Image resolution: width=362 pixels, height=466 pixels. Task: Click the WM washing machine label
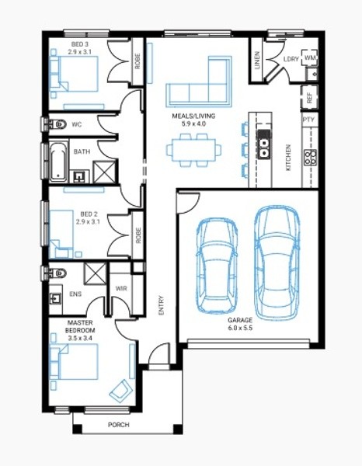310,57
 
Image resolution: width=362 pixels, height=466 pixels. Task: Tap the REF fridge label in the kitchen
309,98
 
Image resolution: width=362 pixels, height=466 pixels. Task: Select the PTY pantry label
308,120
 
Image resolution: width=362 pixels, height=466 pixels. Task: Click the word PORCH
119,425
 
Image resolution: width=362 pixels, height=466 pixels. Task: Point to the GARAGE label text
240,320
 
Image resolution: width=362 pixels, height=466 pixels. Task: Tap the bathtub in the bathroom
58,162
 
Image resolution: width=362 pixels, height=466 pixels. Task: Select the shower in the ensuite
95,273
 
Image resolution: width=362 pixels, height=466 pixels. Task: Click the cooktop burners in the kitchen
310,157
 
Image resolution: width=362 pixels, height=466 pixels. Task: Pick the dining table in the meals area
193,150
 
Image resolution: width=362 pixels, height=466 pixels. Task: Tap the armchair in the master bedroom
120,391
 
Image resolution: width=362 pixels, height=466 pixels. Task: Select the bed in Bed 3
74,74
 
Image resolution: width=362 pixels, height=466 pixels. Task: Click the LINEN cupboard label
257,61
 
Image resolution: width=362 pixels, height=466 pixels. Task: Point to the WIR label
121,288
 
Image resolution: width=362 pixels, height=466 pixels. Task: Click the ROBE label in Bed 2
138,235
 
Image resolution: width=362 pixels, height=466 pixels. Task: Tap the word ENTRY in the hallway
161,305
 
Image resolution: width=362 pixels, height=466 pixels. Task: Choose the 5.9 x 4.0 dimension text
193,123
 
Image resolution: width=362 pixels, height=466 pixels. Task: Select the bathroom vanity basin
79,176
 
